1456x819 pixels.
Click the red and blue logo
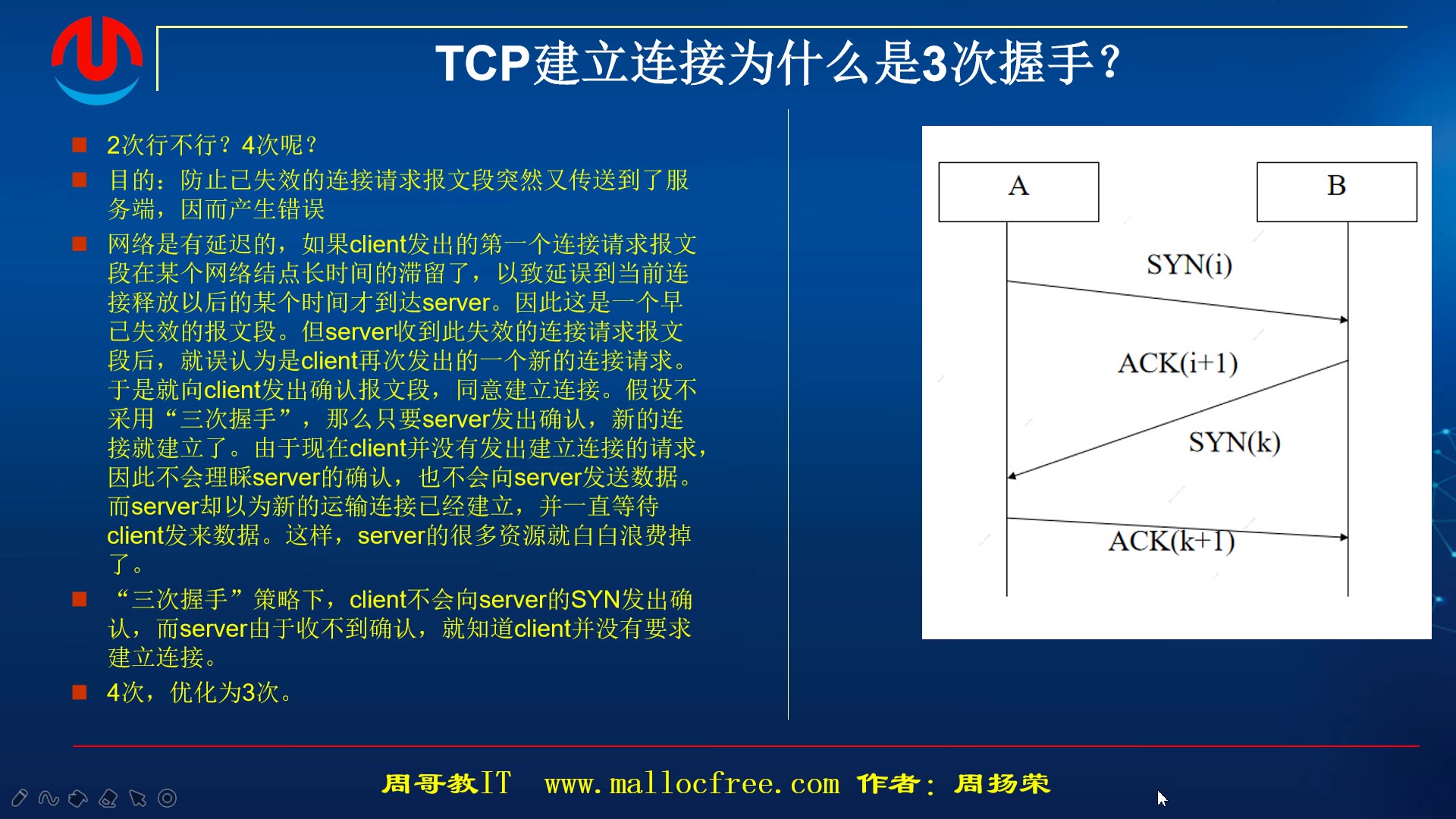96,59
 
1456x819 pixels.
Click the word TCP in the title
482,63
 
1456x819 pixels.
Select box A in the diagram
1018,191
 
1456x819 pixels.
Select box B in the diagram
1336,191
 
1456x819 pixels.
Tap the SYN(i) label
1188,265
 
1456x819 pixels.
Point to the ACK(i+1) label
1177,363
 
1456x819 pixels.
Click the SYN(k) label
1234,442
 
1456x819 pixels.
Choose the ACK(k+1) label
1171,541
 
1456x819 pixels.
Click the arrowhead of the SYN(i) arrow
1344,320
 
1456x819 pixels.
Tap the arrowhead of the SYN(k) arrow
1012,476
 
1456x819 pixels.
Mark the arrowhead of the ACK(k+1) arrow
1344,537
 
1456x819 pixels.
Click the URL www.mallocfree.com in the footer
692,783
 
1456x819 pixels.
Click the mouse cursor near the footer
1161,798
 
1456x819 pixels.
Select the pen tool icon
20,798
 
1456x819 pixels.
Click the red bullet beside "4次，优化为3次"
80,692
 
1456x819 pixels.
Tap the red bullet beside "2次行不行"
80,144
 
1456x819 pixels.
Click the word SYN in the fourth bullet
595,600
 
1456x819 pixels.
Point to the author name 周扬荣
1002,783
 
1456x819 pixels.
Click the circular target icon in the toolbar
167,798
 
